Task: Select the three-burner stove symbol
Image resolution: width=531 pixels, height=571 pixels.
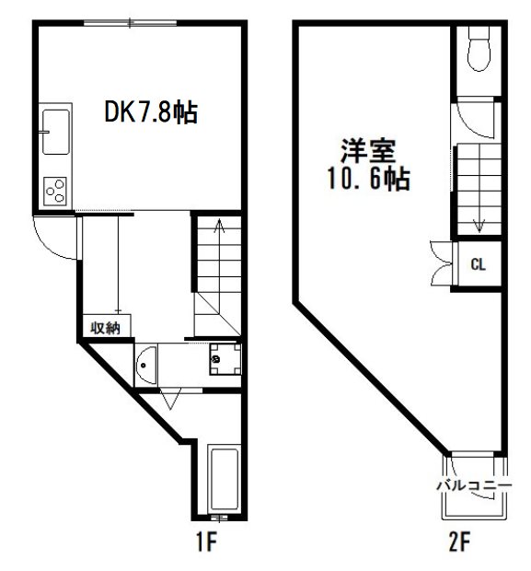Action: tap(55, 191)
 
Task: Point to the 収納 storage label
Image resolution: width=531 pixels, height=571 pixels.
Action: tap(104, 326)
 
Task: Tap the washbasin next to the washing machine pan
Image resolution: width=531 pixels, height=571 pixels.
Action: tap(145, 367)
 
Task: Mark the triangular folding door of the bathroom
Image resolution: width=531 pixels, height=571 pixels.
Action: tap(168, 399)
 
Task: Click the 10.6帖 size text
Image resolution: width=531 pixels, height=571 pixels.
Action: tap(367, 179)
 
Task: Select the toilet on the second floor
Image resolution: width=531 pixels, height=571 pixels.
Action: tap(478, 52)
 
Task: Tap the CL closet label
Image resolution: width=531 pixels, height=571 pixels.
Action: tap(478, 265)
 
